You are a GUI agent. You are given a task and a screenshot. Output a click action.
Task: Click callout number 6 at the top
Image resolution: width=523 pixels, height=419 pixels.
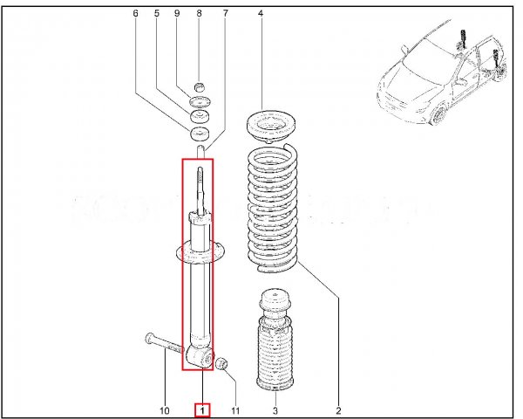[135, 13]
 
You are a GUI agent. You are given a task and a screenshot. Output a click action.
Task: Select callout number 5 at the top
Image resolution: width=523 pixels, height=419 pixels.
[157, 13]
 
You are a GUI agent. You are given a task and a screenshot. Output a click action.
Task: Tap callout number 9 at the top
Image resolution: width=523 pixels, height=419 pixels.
[177, 13]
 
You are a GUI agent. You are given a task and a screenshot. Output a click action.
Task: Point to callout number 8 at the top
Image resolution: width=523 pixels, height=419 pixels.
[199, 13]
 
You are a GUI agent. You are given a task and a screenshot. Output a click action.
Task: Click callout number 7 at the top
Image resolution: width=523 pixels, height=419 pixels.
[226, 13]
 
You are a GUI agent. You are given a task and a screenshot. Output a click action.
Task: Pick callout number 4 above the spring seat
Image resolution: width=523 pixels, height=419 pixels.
[261, 13]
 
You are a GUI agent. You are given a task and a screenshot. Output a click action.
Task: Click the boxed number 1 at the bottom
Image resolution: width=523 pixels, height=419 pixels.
[202, 410]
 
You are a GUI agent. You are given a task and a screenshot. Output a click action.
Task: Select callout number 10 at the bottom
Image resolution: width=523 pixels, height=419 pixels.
[165, 410]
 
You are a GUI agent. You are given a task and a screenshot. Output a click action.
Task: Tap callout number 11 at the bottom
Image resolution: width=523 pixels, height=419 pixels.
[235, 410]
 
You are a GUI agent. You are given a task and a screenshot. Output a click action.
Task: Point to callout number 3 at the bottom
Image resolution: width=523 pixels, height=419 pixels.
[275, 410]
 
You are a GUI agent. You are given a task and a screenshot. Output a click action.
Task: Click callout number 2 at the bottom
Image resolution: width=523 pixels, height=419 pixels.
[338, 410]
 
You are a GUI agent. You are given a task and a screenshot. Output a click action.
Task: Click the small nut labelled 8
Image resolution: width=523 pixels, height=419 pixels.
[199, 87]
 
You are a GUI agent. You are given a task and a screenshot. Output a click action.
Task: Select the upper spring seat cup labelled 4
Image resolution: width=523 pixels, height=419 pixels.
[271, 127]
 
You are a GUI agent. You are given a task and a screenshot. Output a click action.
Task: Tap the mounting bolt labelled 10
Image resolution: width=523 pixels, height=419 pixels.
[165, 343]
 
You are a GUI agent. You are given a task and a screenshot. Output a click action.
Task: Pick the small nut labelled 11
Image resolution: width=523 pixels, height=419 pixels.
[221, 363]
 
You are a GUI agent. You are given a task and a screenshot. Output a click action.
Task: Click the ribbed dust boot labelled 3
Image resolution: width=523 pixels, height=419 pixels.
[275, 340]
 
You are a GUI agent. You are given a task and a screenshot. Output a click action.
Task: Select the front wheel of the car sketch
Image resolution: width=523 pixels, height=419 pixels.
[439, 114]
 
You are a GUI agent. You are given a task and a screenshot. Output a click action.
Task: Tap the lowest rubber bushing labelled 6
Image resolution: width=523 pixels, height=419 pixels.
[200, 134]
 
